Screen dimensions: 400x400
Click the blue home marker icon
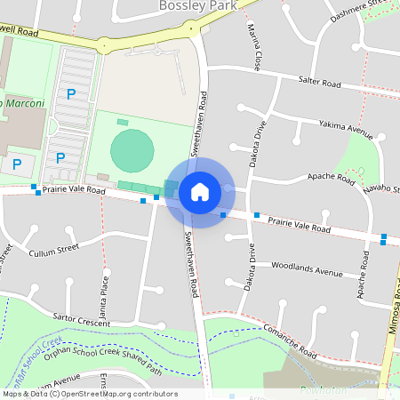tap(200, 191)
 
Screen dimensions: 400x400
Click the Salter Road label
tap(320, 83)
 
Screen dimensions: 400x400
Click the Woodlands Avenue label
tap(307, 268)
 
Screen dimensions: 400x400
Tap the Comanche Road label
tap(290, 340)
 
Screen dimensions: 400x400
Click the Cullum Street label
tap(54, 252)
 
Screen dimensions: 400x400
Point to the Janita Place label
tap(105, 290)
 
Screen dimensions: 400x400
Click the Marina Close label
tap(255, 49)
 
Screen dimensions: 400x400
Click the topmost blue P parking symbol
tap(70, 93)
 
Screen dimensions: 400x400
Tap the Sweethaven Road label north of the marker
tap(204, 120)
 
